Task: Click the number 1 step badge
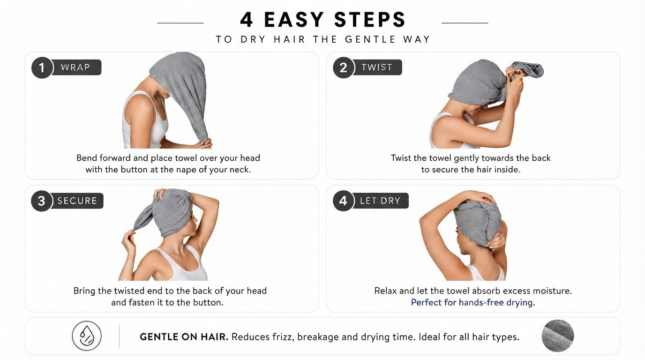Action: [42, 67]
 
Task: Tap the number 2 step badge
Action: [344, 67]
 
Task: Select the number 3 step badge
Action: [42, 201]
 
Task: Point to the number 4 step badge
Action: [343, 201]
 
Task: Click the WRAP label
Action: [75, 67]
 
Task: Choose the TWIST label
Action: [377, 67]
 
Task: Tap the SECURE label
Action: [77, 201]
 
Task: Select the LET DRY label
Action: [380, 201]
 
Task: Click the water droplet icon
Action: [87, 336]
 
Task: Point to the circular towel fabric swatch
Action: [558, 336]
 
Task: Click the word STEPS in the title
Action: [370, 20]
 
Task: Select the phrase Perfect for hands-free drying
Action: [473, 302]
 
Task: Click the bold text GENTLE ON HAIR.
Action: [184, 337]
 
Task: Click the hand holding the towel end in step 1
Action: [205, 143]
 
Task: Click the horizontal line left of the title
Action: [180, 23]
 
